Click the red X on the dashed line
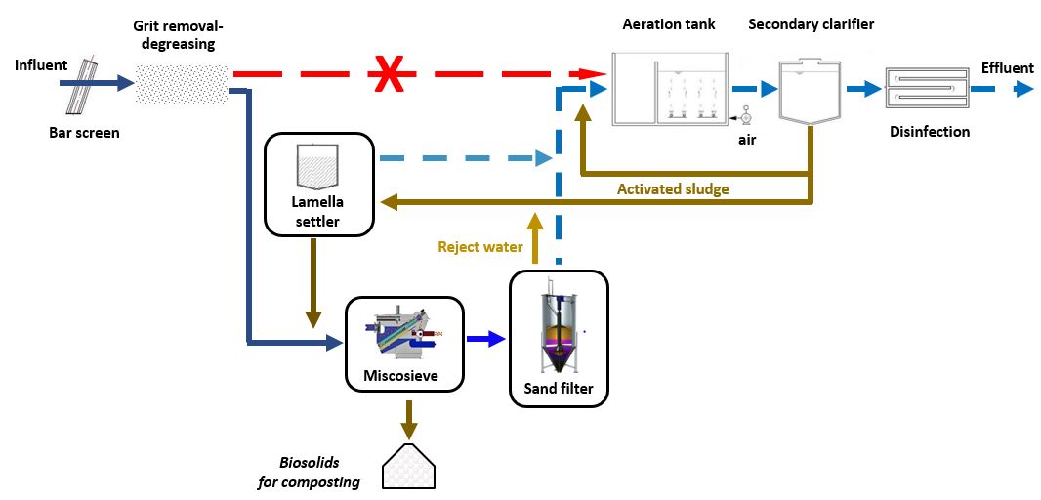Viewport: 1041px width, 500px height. point(390,74)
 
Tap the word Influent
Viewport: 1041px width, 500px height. point(41,65)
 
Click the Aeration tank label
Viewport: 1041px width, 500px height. point(669,24)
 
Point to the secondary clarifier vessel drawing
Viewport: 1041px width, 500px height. point(810,92)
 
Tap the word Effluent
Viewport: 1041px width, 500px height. point(1007,67)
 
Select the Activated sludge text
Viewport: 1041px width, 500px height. point(673,188)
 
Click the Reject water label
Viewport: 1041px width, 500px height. point(479,247)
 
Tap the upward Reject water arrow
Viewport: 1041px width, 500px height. point(534,234)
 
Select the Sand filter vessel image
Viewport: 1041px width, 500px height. point(558,333)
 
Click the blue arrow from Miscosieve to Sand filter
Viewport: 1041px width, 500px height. point(484,339)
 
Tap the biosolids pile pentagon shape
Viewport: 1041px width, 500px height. point(408,467)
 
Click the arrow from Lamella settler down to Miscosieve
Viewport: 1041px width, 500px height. point(313,283)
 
